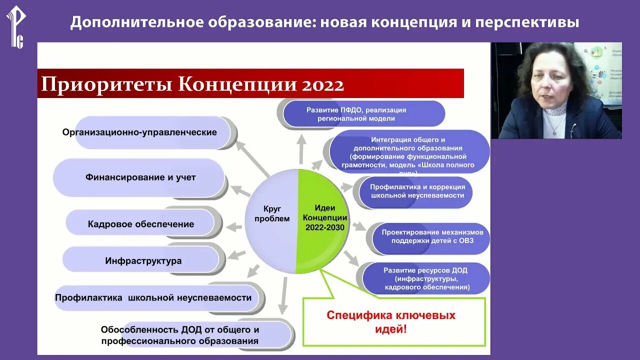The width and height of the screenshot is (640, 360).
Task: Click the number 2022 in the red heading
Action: [322, 84]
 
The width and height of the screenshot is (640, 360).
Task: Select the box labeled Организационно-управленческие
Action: [139, 132]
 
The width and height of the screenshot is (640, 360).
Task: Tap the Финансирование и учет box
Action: [140, 177]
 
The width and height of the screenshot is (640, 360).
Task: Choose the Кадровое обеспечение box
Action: [140, 224]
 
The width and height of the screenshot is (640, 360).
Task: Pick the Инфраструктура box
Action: [143, 260]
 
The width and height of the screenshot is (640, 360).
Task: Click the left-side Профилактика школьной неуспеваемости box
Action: [153, 297]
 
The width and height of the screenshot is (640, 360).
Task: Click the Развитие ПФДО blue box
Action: [356, 114]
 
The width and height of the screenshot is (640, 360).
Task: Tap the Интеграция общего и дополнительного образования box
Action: [407, 152]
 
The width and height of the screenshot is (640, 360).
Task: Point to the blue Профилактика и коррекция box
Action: [417, 191]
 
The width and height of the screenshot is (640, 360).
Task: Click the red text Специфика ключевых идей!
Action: [391, 322]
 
